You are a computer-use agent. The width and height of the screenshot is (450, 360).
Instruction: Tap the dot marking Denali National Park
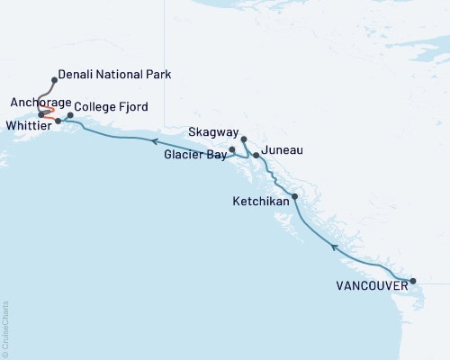[55, 80]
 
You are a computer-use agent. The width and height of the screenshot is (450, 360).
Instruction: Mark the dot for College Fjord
[70, 115]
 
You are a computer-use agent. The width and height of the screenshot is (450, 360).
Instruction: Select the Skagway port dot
[244, 139]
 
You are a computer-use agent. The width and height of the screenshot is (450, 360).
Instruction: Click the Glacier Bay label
[195, 155]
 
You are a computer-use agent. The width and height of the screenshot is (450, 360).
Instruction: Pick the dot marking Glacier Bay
[232, 149]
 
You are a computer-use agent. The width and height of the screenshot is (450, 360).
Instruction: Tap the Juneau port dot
[256, 156]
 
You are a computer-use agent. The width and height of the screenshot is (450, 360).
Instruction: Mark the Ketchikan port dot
[295, 196]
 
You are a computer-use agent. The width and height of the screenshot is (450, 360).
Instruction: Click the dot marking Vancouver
[413, 281]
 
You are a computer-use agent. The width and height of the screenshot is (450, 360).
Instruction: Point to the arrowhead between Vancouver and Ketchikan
[334, 246]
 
